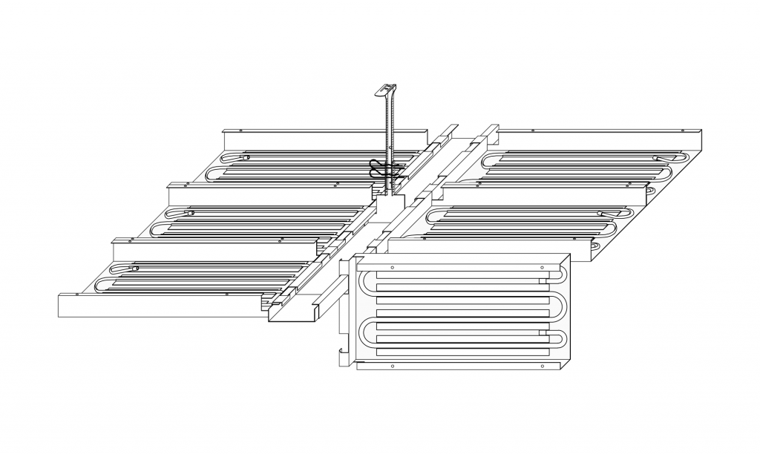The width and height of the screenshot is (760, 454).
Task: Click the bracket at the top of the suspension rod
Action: (x=387, y=89)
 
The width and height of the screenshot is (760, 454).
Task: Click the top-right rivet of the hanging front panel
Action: (x=543, y=267)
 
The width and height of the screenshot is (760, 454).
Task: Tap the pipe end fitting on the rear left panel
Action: (x=244, y=157)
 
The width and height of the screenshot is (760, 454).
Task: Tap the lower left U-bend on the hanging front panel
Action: (x=365, y=335)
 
